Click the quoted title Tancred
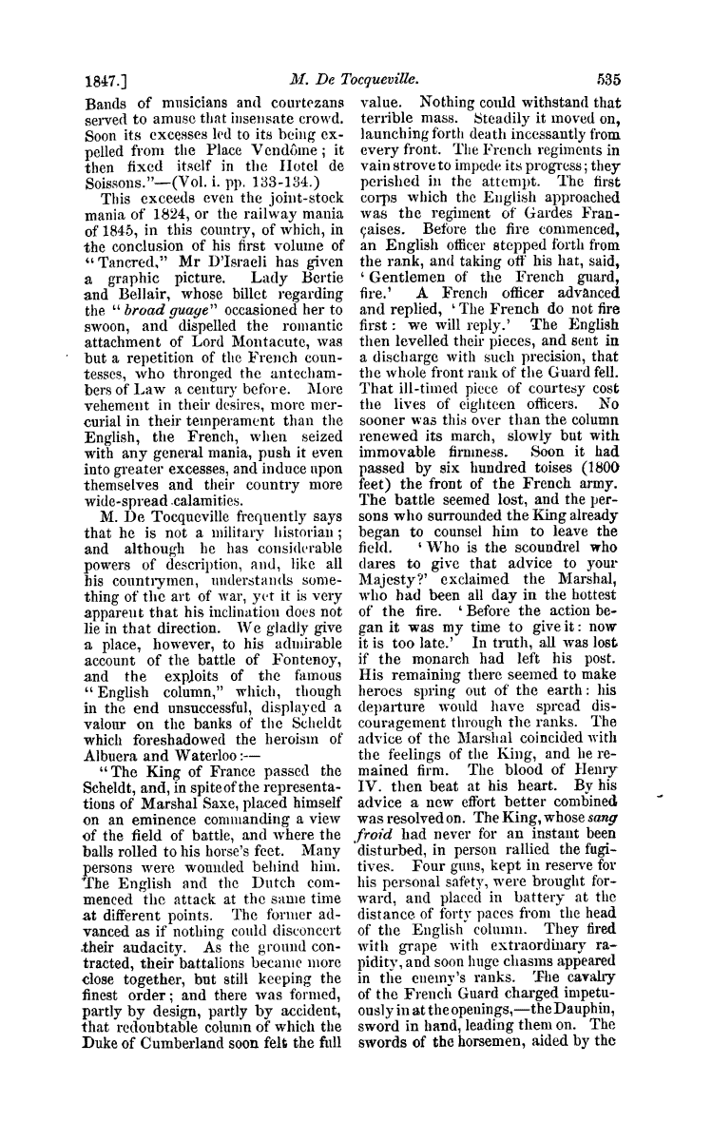pyautogui.click(x=125, y=263)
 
